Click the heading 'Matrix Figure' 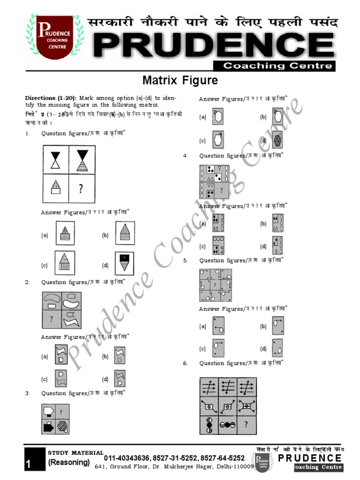click(x=180, y=81)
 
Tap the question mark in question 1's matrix click(x=82, y=188)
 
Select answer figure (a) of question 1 click(x=65, y=233)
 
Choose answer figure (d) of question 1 click(x=124, y=263)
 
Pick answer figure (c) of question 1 click(x=65, y=263)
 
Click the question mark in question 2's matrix click(x=51, y=319)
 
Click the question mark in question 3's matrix click(x=61, y=412)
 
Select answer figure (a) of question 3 click(x=218, y=117)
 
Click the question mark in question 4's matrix click(x=221, y=190)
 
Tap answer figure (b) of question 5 click(x=277, y=326)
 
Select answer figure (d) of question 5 click(x=277, y=348)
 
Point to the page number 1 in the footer click(x=29, y=464)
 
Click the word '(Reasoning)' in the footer click(x=69, y=462)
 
